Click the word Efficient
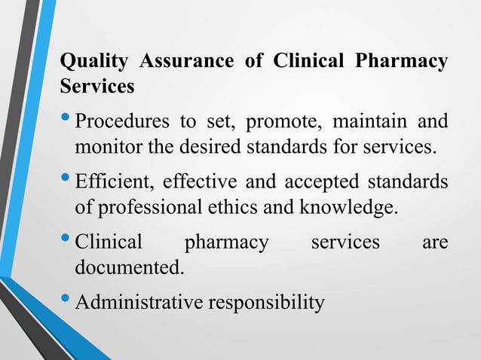112,182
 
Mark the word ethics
232,206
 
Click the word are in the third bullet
434,243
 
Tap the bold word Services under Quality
97,86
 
